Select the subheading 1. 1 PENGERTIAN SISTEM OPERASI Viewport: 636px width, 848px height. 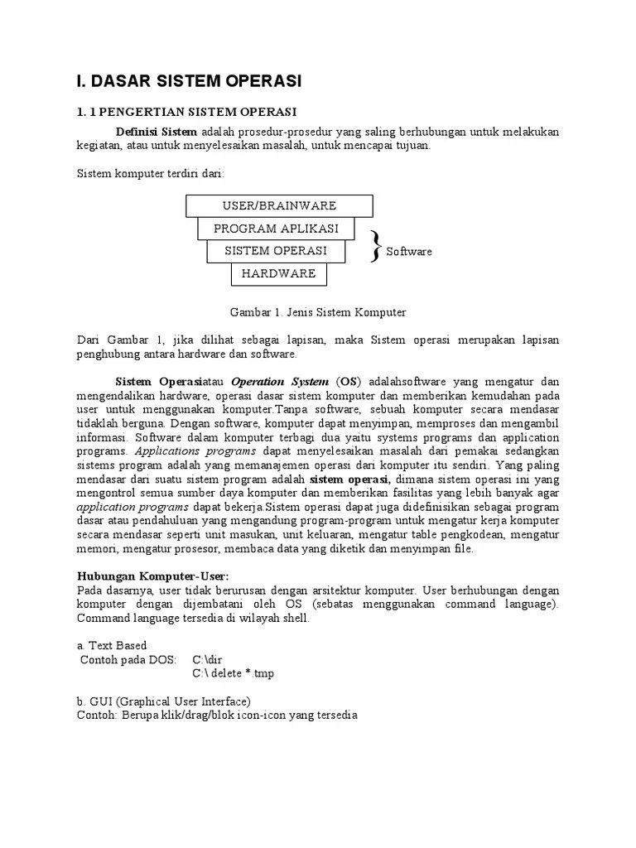coord(186,112)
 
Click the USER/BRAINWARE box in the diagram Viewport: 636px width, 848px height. coord(279,205)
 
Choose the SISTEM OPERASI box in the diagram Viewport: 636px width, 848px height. coord(277,251)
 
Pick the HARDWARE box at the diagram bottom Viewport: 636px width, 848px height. coord(278,273)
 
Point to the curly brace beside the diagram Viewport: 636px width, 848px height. coord(376,247)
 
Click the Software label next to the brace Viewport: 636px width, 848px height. coord(409,252)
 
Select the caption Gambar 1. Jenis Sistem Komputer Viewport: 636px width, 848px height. coord(317,312)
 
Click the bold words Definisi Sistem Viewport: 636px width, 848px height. coord(156,132)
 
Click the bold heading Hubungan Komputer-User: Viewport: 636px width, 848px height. coord(152,576)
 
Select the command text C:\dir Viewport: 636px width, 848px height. coord(207,660)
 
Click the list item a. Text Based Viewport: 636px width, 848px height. coord(112,645)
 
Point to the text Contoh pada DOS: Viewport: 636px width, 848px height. coord(128,660)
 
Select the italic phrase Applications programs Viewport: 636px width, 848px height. coord(196,451)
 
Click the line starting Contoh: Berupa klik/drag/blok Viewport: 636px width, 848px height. coord(217,715)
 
